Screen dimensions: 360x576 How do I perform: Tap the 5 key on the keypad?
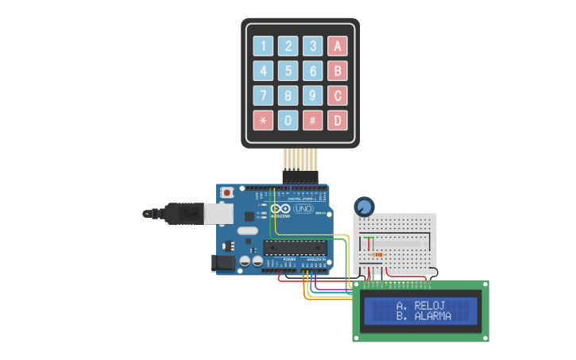pos(288,71)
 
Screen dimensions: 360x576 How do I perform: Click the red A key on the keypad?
pos(338,46)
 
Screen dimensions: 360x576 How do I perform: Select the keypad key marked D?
pos(338,120)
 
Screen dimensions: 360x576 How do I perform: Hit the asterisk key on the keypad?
pos(263,120)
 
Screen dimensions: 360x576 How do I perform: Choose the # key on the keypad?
pos(313,120)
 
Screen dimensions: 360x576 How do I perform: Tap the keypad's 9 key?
pos(313,95)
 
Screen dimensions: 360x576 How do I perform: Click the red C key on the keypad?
pos(338,95)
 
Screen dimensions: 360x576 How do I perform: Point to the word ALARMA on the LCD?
pos(433,316)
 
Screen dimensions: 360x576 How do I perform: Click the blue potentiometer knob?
pos(365,207)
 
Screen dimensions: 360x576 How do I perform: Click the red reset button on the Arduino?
pos(227,192)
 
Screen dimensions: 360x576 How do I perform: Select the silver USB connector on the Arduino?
pos(218,213)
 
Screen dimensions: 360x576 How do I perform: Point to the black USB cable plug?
pos(184,213)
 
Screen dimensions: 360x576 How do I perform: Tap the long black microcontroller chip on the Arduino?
pos(295,247)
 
